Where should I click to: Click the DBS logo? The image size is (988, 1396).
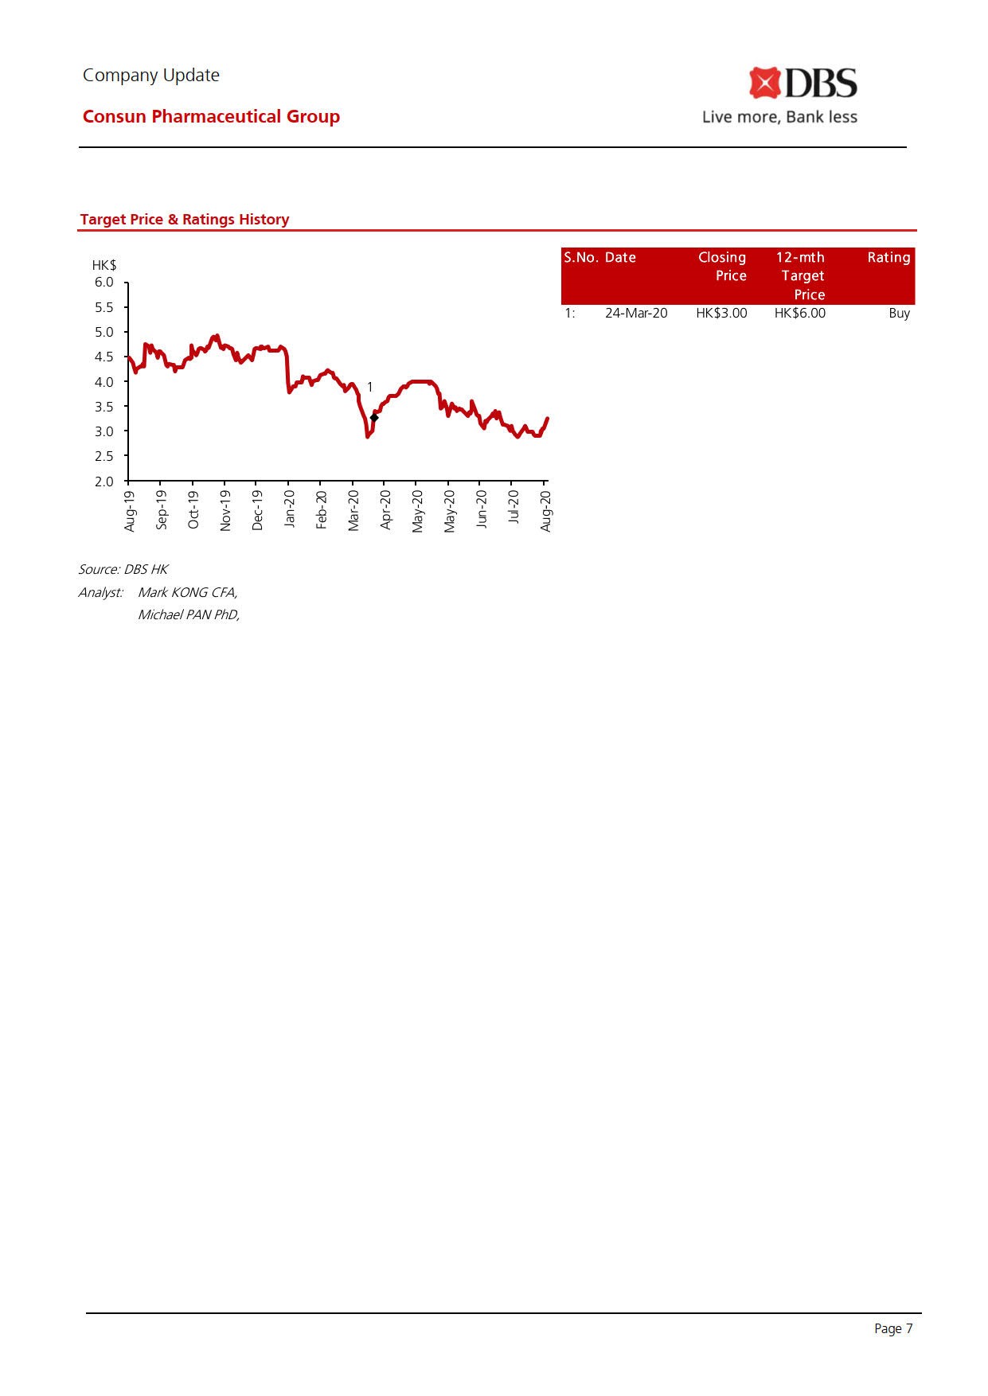(x=803, y=84)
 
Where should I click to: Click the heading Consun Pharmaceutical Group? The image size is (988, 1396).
(x=211, y=116)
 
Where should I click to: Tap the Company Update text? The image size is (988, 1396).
(x=151, y=75)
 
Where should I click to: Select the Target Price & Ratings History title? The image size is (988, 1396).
(x=185, y=220)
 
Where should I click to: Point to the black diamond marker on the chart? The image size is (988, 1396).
(x=374, y=417)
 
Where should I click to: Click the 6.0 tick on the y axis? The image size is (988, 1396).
(x=104, y=283)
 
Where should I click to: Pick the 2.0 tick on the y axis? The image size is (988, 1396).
(x=104, y=482)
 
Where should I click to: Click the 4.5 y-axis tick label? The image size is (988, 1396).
(x=104, y=357)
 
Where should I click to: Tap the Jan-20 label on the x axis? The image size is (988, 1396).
(x=290, y=509)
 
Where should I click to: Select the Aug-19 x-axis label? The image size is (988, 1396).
(x=130, y=510)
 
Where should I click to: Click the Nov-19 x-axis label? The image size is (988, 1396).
(x=225, y=510)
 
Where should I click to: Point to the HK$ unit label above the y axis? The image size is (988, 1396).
(x=104, y=265)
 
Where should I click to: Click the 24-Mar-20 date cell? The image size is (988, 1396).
(x=636, y=314)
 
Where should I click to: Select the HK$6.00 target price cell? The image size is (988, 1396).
(x=799, y=314)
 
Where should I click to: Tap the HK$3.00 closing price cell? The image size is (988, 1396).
(x=721, y=314)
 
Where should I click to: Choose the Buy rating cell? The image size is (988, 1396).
(x=899, y=314)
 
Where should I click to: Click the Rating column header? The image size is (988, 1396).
(x=888, y=258)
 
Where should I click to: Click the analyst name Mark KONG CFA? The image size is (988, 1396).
(x=188, y=592)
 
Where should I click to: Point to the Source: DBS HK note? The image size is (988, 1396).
(x=123, y=569)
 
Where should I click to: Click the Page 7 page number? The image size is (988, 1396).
(x=893, y=1328)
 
